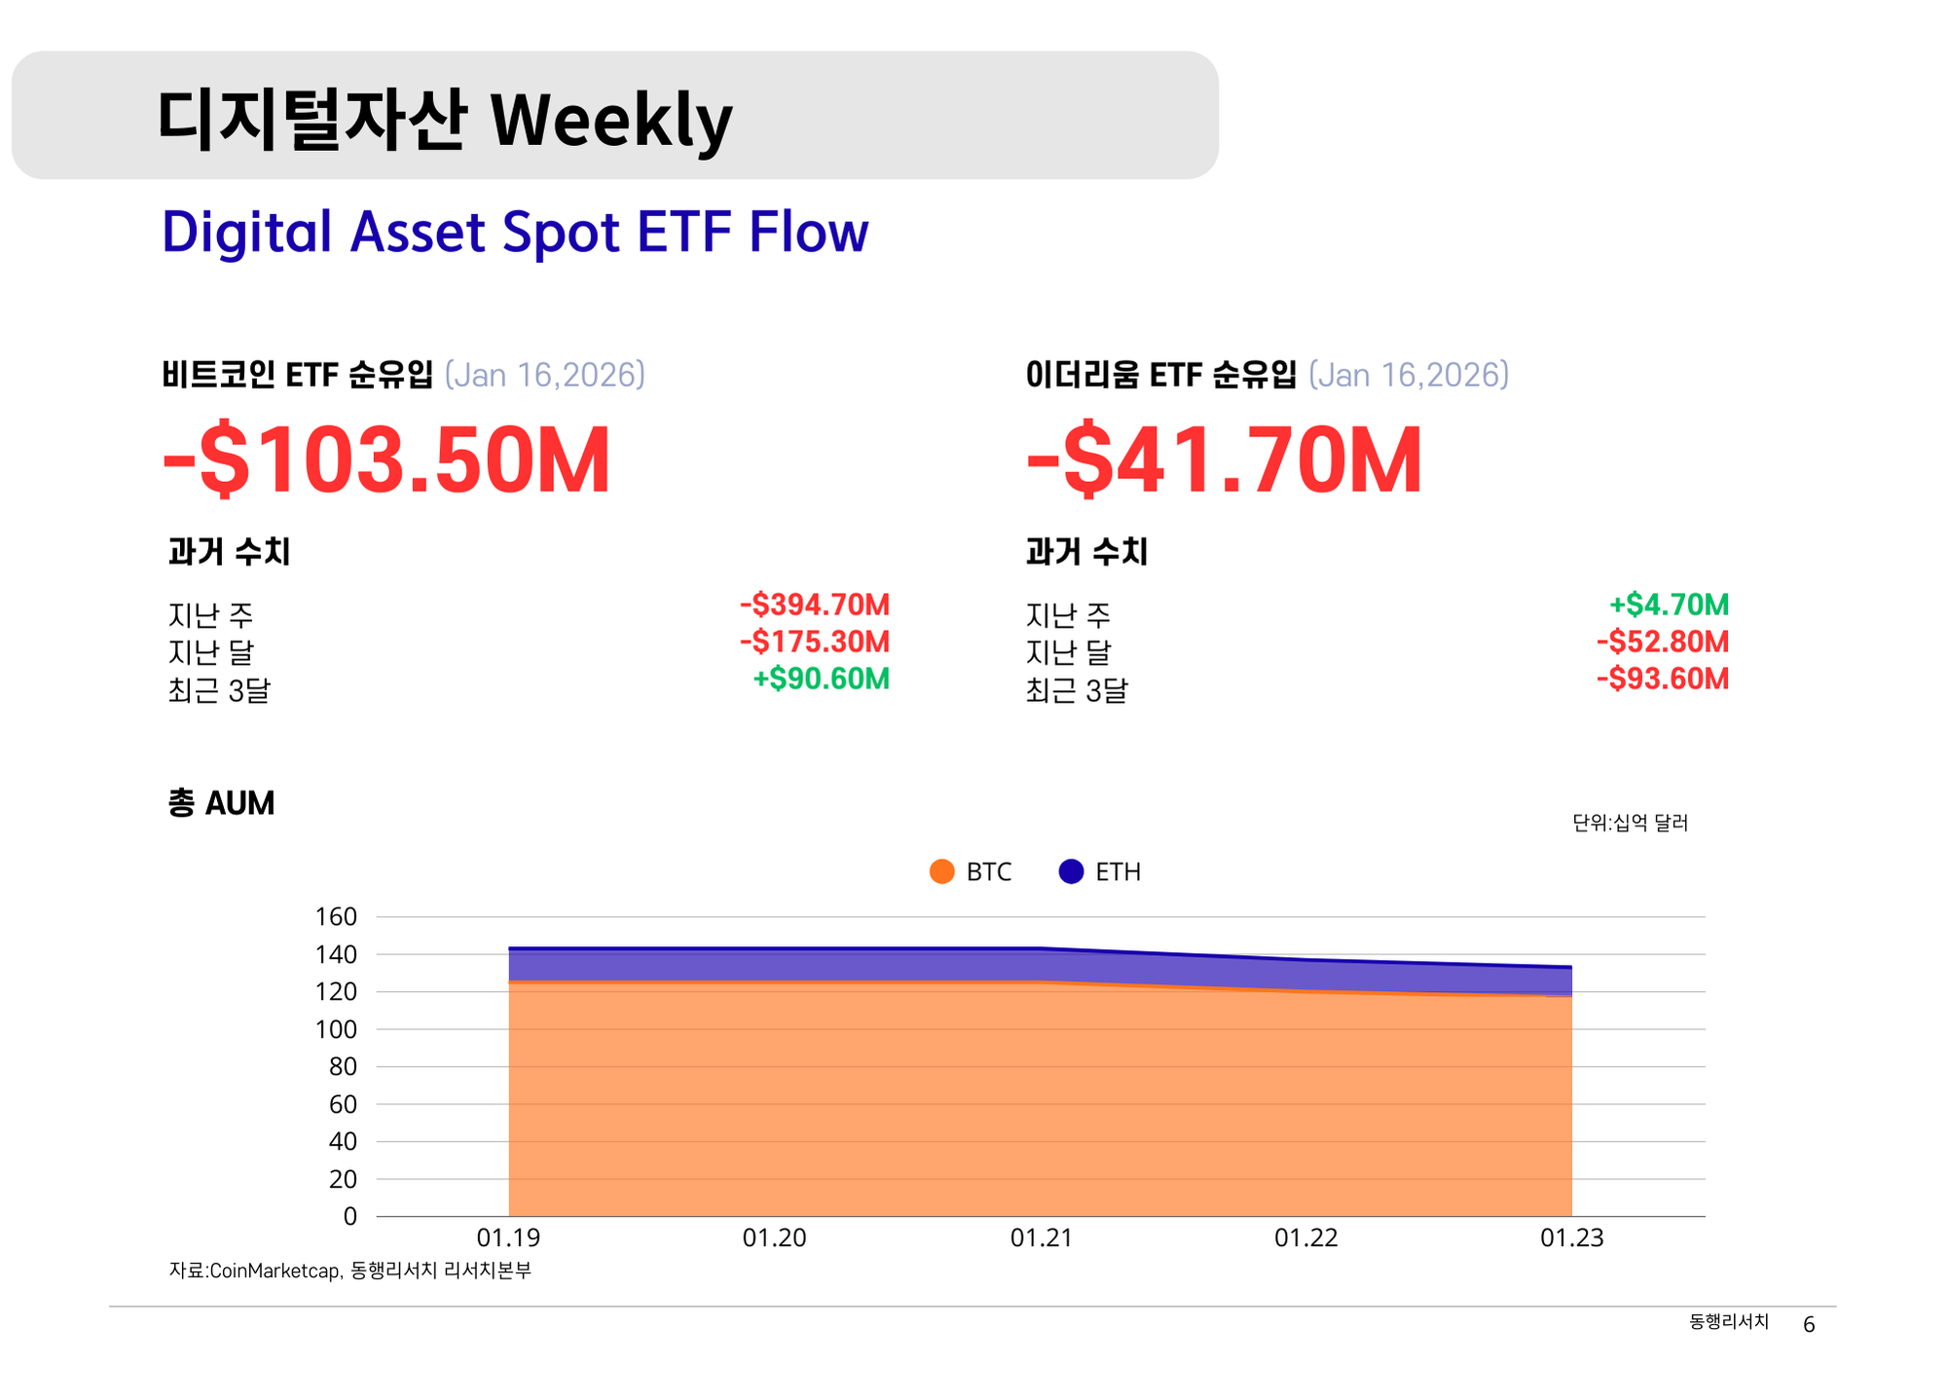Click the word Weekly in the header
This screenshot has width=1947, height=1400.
(610, 121)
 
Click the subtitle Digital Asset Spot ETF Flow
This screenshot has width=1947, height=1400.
(514, 233)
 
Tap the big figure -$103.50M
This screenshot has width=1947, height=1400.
(386, 460)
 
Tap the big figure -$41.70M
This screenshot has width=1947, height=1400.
(1224, 460)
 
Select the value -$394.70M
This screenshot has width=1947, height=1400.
(814, 605)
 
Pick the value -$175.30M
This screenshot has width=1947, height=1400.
(814, 642)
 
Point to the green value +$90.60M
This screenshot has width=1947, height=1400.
(821, 679)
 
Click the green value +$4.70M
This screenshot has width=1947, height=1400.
(1669, 605)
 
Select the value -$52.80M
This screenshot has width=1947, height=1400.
(1662, 642)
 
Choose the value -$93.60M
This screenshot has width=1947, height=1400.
(1662, 679)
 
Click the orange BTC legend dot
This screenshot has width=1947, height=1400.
(941, 871)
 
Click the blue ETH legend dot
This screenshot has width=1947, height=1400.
(1071, 871)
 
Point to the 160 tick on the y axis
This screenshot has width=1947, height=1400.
(336, 916)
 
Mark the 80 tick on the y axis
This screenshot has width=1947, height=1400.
(343, 1066)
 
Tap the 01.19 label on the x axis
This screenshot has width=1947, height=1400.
(508, 1237)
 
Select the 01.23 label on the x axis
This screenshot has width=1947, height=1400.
(1571, 1237)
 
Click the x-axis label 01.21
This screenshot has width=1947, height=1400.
(1041, 1237)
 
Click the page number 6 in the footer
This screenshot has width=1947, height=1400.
(1809, 1324)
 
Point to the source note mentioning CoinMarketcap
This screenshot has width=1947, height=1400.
(350, 1271)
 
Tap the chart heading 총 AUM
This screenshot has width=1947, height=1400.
(221, 803)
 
